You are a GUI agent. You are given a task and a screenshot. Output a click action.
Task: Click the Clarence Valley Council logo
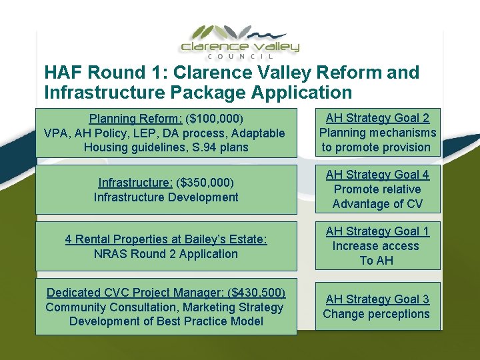tap(240, 40)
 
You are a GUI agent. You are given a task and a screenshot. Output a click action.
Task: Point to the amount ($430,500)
tap(257, 293)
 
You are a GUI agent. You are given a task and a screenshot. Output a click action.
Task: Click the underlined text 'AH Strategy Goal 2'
tap(377, 118)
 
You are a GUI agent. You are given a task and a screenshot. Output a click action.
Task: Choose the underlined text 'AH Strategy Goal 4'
tap(377, 175)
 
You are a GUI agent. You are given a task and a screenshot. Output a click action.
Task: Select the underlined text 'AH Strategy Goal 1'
tap(377, 231)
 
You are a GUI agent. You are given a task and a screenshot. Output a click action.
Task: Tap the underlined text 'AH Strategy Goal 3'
tap(377, 299)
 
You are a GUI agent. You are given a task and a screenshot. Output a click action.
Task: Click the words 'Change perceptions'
tap(377, 314)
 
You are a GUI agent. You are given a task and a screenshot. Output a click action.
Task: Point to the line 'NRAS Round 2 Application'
tap(166, 254)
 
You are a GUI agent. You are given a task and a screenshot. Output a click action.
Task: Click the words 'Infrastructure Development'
tap(166, 197)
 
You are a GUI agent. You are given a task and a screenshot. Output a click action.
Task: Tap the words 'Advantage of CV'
tap(377, 204)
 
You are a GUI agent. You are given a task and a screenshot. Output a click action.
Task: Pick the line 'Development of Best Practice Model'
tap(166, 322)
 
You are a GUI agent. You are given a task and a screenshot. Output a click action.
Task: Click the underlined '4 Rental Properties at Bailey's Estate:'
tap(166, 239)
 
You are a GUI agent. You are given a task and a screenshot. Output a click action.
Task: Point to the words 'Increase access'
tap(377, 246)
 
